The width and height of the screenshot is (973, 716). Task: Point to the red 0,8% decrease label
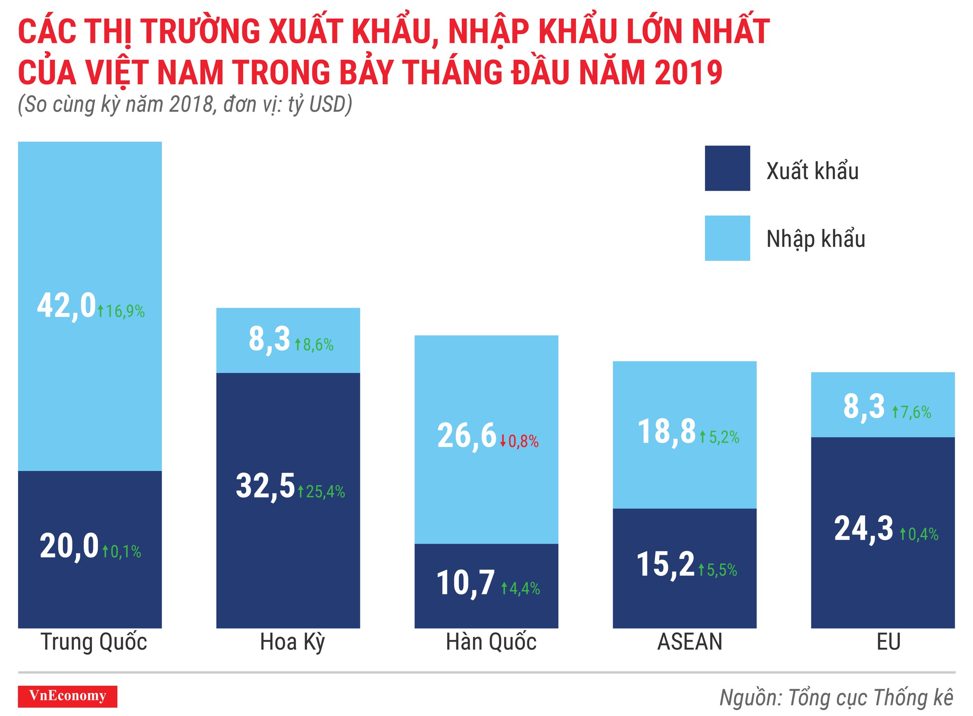click(520, 441)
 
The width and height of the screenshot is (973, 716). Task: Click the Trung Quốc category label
click(93, 642)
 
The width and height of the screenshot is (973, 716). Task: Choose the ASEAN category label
click(689, 642)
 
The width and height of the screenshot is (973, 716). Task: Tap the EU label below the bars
click(888, 642)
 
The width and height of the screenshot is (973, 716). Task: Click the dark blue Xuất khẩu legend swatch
click(727, 168)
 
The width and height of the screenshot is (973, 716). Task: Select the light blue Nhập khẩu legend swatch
click(727, 238)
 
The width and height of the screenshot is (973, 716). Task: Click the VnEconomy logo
click(68, 696)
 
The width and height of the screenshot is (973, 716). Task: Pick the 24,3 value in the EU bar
click(864, 529)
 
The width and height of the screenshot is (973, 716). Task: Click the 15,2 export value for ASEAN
click(666, 565)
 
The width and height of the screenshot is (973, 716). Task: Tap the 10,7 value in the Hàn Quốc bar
click(466, 583)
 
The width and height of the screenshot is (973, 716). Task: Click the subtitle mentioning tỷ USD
click(185, 104)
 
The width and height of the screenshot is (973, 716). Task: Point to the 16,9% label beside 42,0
click(121, 311)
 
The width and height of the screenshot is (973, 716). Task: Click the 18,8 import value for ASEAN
click(667, 432)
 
